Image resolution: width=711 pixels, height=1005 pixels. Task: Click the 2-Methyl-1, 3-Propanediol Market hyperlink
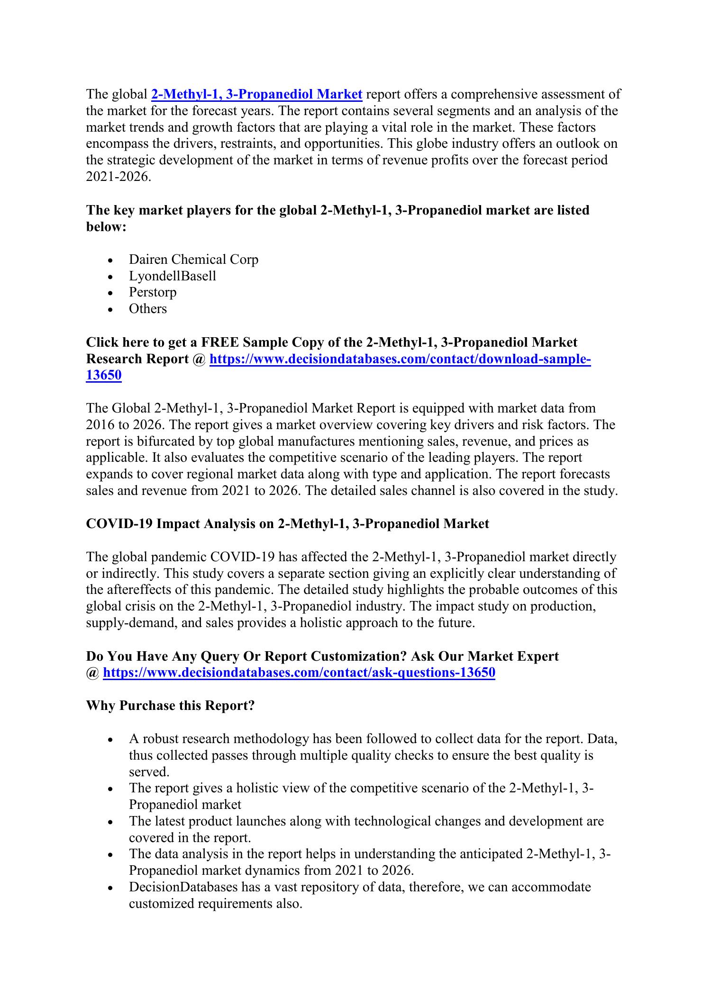point(256,95)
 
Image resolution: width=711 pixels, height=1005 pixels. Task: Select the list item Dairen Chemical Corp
point(193,260)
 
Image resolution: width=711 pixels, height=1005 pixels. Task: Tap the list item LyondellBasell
point(172,276)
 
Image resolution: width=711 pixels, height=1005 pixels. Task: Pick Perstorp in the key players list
point(153,292)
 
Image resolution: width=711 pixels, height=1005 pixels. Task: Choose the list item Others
point(148,309)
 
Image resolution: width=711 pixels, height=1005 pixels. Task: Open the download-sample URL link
point(400,359)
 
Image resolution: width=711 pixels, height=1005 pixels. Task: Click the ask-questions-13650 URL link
point(299,673)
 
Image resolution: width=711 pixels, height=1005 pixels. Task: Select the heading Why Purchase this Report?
point(170,706)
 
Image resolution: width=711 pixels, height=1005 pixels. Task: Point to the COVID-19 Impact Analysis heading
point(287,524)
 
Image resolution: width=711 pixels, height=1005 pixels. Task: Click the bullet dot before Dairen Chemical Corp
point(110,260)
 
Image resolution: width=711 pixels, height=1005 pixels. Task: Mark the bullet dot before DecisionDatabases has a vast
point(110,888)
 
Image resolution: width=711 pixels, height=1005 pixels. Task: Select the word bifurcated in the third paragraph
point(172,441)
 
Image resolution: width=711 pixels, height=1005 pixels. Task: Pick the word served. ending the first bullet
point(149,772)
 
